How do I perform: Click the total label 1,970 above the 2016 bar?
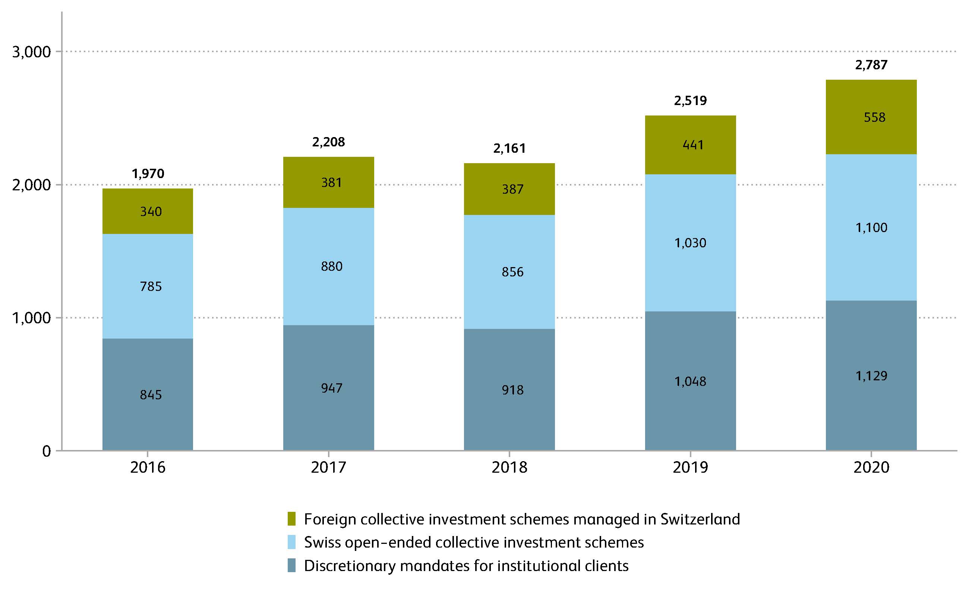tap(148, 174)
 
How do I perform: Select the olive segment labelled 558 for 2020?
tap(871, 117)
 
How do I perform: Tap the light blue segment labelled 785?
tap(148, 286)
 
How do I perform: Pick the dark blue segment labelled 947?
tap(328, 388)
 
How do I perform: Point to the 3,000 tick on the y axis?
tap(32, 52)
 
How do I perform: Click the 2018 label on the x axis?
tap(509, 467)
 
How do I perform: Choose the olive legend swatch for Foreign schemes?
tap(291, 519)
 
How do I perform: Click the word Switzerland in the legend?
tap(700, 519)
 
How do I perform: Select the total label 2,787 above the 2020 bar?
tap(871, 65)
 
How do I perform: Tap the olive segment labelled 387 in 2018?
tap(509, 189)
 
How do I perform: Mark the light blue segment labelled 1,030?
tap(690, 243)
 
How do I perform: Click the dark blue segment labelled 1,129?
tap(871, 375)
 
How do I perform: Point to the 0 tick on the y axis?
tap(47, 451)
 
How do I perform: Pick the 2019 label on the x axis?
tap(690, 467)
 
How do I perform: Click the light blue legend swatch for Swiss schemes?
tap(291, 542)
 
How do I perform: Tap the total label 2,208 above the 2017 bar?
tap(328, 142)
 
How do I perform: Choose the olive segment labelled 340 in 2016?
tap(148, 212)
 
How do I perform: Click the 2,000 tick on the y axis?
tap(32, 185)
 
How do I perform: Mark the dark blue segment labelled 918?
tap(509, 390)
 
